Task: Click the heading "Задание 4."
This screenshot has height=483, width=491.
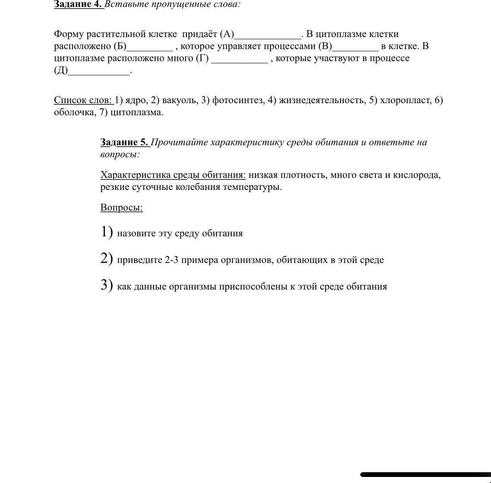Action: [x=78, y=4]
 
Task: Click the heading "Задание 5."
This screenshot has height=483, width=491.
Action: [x=124, y=142]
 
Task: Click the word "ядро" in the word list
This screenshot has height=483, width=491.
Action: [x=135, y=100]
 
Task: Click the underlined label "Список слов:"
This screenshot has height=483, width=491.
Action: [x=83, y=100]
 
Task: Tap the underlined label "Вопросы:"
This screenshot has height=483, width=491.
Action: [x=122, y=208]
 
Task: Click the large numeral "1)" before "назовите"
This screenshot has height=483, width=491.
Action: [x=107, y=232]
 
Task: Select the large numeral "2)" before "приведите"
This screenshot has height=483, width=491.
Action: [x=107, y=259]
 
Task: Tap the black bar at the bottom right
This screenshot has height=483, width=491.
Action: [x=425, y=474]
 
